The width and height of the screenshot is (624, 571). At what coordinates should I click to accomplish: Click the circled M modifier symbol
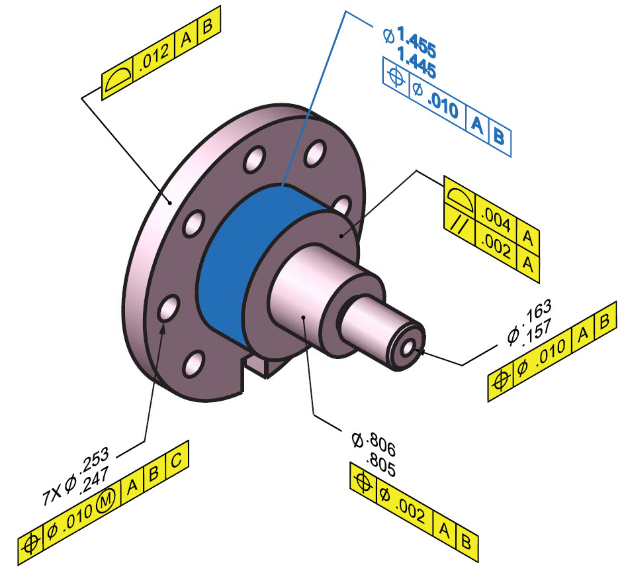tap(105, 503)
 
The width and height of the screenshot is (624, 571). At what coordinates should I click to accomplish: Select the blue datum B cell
tap(500, 138)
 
